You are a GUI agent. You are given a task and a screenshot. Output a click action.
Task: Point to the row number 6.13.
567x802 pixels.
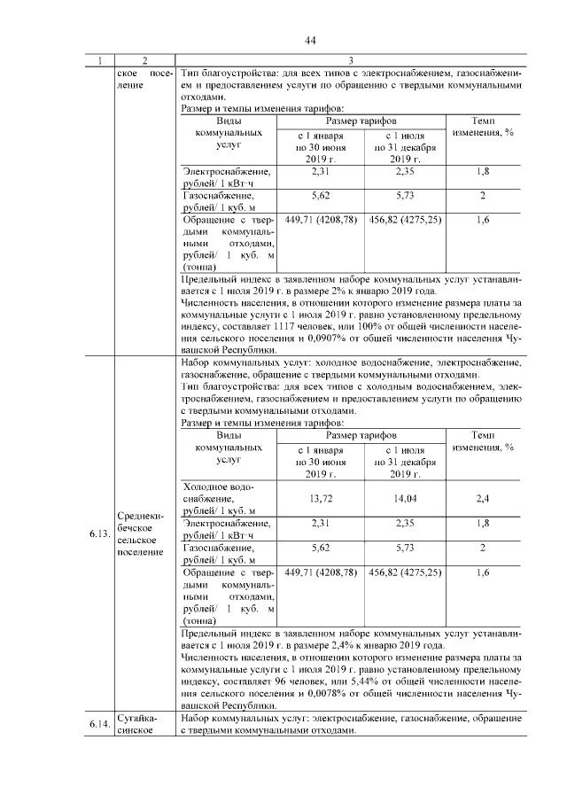click(98, 534)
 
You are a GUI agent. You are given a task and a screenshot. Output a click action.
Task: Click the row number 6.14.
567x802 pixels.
click(98, 724)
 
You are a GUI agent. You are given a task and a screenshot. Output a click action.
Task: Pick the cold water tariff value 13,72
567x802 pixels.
click(321, 499)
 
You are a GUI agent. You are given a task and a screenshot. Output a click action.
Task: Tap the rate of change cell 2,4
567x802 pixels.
click(482, 499)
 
